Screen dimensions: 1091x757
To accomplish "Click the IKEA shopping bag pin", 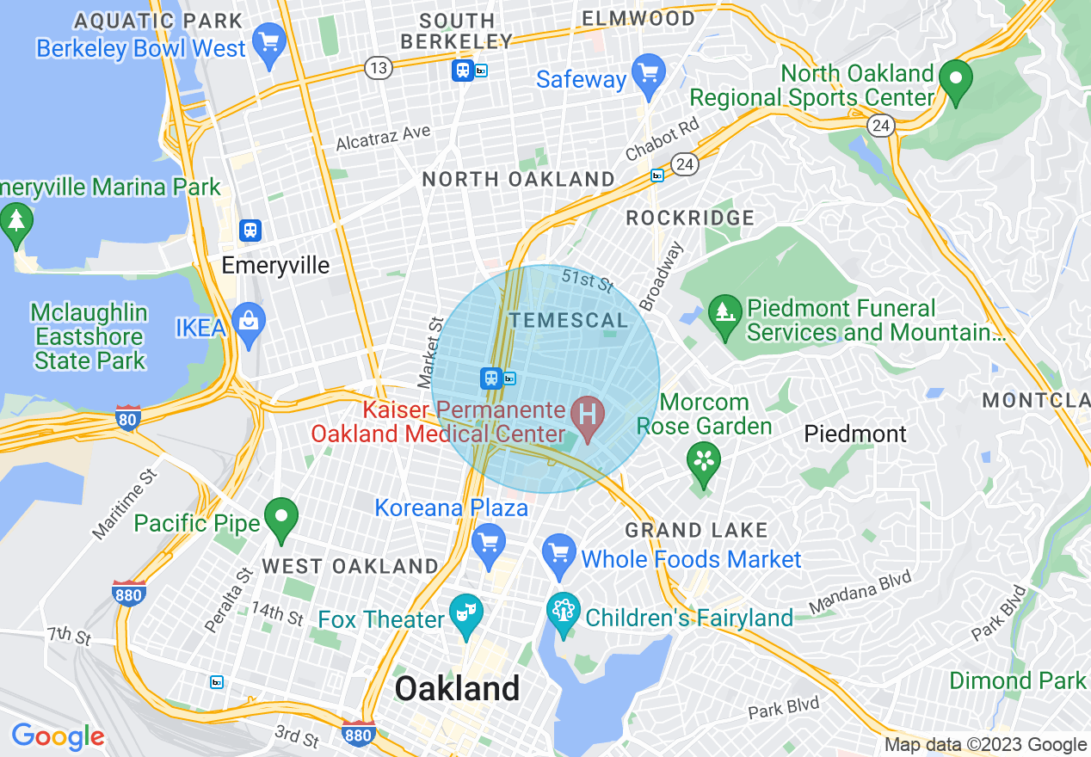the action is click(x=248, y=323).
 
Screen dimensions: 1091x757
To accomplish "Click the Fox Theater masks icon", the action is click(x=465, y=614).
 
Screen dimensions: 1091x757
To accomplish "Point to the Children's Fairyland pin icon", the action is click(x=564, y=613).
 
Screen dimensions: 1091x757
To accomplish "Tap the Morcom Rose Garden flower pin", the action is click(x=703, y=462).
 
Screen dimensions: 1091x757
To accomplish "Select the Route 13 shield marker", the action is click(x=378, y=68).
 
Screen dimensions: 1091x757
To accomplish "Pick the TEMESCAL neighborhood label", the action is click(x=569, y=321).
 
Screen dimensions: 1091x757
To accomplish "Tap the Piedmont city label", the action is click(x=855, y=434).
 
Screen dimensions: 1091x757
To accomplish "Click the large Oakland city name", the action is click(x=457, y=689).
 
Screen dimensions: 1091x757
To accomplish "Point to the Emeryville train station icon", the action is click(x=250, y=231).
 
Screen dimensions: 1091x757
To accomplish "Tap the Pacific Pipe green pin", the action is click(x=280, y=518).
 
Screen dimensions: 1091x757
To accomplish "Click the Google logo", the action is click(x=58, y=736).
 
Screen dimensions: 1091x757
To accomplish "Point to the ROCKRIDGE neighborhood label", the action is click(x=690, y=218).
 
